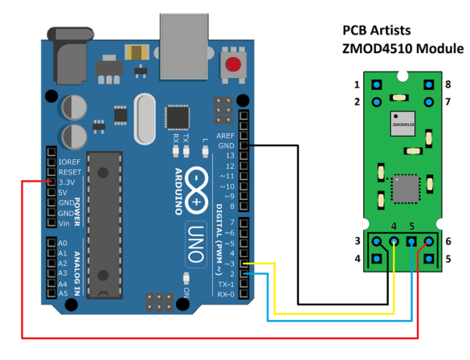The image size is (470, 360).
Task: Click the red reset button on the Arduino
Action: click(234, 66)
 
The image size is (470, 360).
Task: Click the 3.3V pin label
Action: click(68, 182)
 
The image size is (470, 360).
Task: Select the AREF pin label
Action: click(225, 137)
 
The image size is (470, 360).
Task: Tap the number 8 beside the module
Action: click(448, 84)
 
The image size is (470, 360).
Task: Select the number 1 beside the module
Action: click(357, 84)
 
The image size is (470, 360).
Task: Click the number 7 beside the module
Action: click(448, 101)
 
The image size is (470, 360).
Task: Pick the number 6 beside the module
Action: click(448, 241)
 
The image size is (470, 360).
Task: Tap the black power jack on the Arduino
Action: click(72, 53)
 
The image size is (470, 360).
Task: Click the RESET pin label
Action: click(69, 171)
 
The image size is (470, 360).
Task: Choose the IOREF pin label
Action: click(69, 161)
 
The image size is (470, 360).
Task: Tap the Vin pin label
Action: click(66, 223)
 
